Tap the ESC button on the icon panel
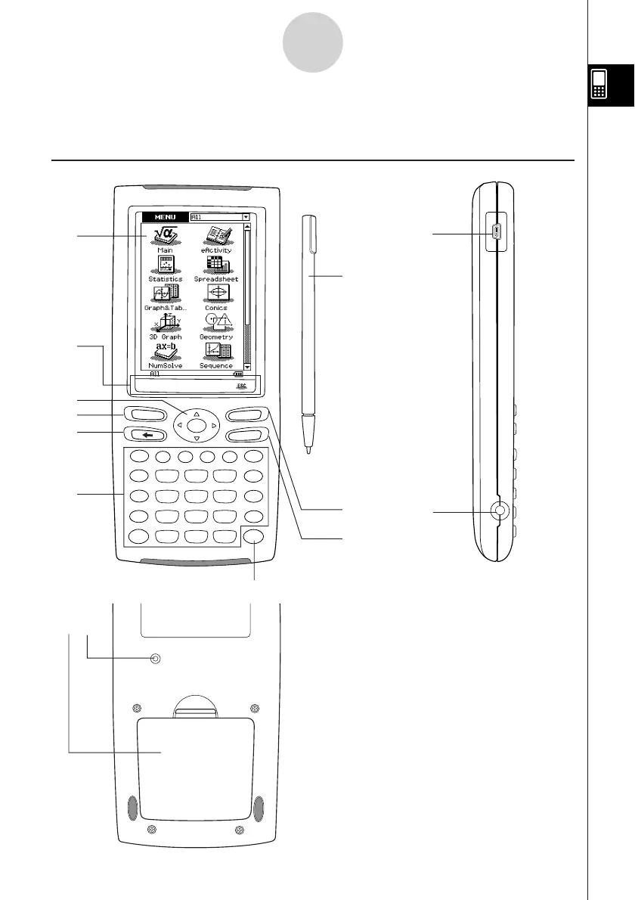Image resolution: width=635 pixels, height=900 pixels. coord(241,384)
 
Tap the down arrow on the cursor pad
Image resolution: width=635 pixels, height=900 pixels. coord(196,439)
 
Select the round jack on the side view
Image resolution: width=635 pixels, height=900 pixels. coord(498,512)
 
